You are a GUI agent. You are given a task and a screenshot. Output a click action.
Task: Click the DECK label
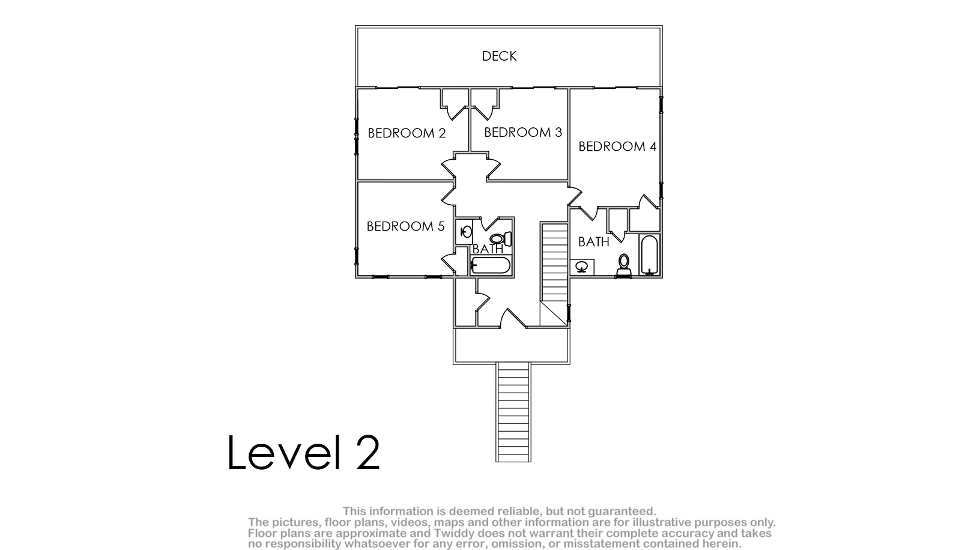(499, 56)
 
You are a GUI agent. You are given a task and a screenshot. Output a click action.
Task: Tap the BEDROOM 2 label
(407, 133)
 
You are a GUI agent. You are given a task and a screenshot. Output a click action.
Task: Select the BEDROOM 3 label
(523, 132)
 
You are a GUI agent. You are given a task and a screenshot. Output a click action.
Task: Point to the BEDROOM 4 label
(617, 146)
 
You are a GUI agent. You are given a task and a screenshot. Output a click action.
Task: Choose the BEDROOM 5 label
(405, 226)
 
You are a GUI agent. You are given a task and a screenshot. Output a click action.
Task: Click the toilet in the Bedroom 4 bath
(624, 265)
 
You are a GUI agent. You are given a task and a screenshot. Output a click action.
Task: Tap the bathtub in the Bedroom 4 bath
(649, 255)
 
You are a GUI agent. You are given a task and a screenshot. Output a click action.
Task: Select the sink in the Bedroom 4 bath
(582, 267)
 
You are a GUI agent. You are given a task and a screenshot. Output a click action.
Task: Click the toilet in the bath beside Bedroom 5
(501, 238)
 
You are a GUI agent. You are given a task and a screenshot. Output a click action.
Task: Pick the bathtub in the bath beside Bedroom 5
(491, 265)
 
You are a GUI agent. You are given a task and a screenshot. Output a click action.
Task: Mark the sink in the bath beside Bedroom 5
(464, 231)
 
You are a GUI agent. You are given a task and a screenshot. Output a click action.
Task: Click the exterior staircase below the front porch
(513, 412)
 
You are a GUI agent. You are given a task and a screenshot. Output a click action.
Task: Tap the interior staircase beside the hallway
(555, 274)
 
